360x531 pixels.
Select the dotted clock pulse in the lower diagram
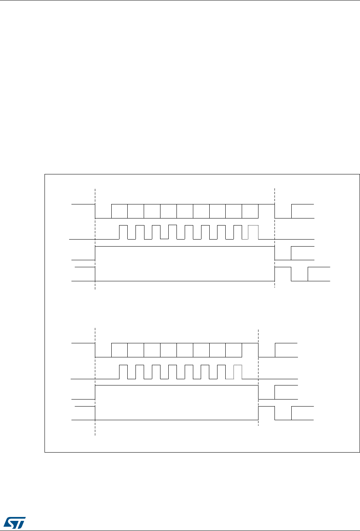click(x=238, y=371)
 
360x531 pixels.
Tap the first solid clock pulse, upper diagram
click(x=123, y=232)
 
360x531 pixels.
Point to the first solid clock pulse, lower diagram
click(x=123, y=371)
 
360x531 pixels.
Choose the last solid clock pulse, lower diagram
click(x=221, y=371)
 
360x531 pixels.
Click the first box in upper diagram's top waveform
click(x=120, y=211)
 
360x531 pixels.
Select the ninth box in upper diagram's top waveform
click(x=250, y=211)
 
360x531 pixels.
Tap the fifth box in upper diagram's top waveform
click(x=185, y=211)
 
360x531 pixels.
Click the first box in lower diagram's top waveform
click(x=120, y=350)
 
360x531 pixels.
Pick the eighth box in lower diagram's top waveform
click(x=234, y=350)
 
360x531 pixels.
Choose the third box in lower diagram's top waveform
click(x=152, y=350)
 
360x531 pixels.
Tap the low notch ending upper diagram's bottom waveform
click(x=299, y=277)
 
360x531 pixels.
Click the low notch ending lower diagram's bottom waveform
click(x=283, y=416)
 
